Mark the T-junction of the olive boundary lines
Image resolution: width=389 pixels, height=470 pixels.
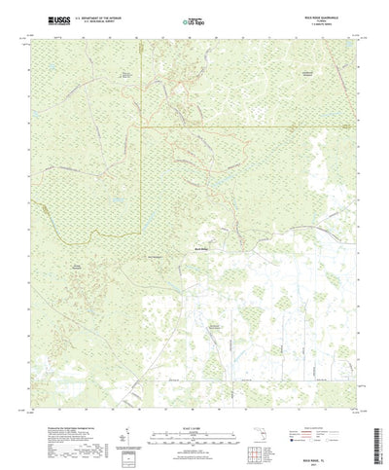pos(142,126)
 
